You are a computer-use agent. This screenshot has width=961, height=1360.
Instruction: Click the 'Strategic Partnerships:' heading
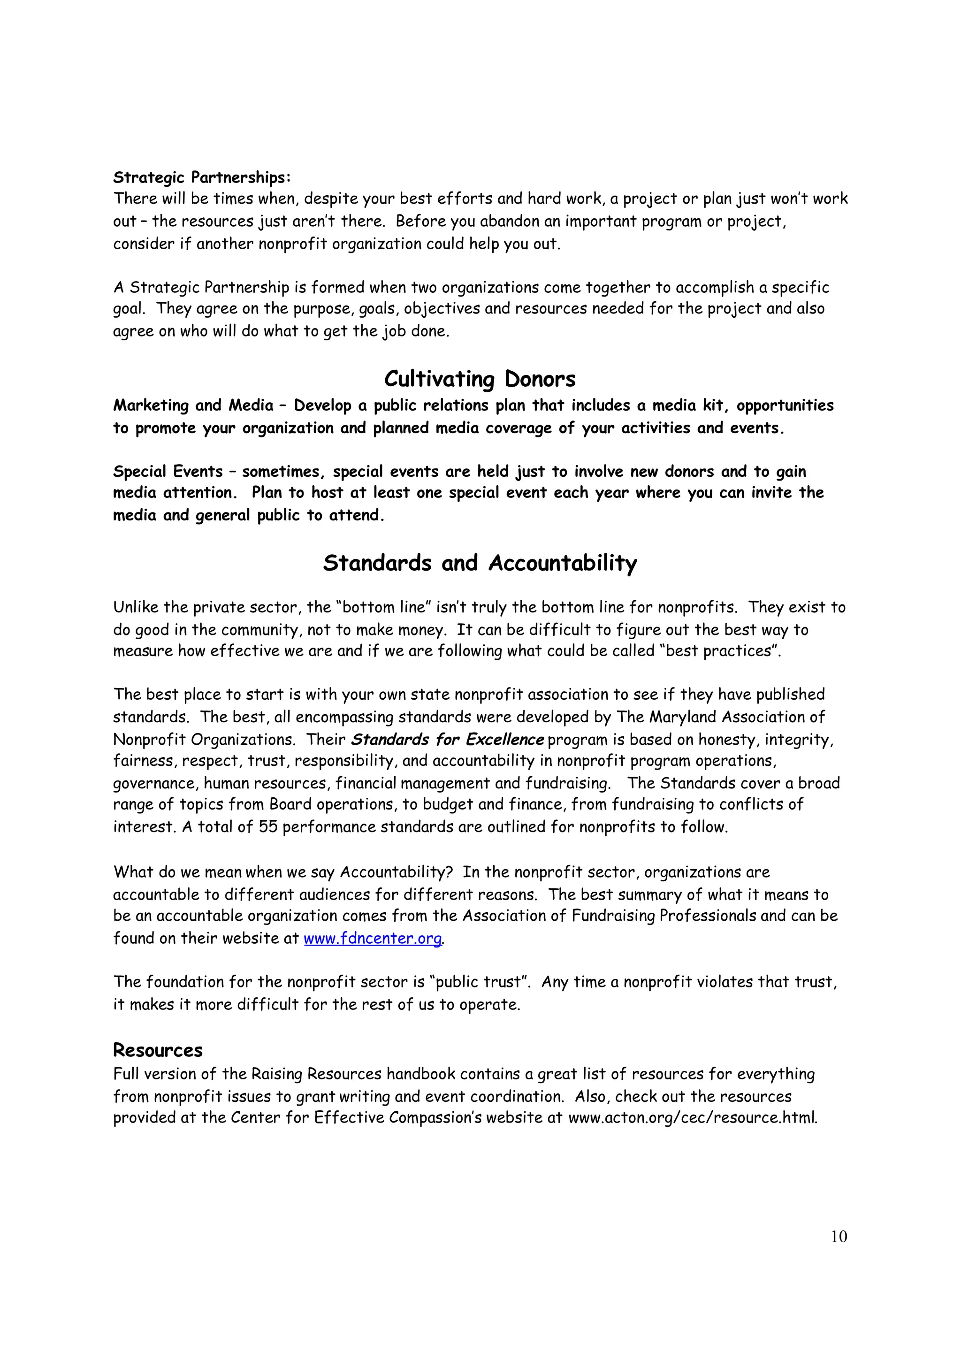pyautogui.click(x=202, y=177)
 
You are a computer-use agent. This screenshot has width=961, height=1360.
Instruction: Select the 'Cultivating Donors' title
pyautogui.click(x=480, y=379)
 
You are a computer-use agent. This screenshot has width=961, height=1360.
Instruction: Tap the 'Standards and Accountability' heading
pyautogui.click(x=480, y=562)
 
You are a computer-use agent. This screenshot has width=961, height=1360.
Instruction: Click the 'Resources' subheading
pyautogui.click(x=158, y=1050)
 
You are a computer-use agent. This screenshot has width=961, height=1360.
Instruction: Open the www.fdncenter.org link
pyautogui.click(x=373, y=938)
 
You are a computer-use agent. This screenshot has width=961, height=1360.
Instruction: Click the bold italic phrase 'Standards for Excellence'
pyautogui.click(x=448, y=739)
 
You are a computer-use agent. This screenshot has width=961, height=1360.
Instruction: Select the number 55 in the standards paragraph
pyautogui.click(x=268, y=827)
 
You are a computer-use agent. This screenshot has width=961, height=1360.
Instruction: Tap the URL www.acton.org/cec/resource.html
pyautogui.click(x=692, y=1118)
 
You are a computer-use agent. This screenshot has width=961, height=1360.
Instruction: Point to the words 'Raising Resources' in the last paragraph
pyautogui.click(x=316, y=1074)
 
